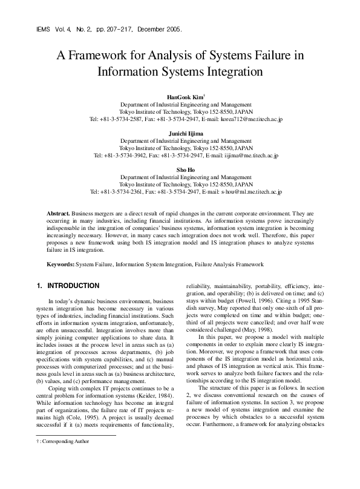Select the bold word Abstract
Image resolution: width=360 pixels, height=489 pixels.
click(59, 214)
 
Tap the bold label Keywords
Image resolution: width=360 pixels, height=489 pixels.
click(61, 264)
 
